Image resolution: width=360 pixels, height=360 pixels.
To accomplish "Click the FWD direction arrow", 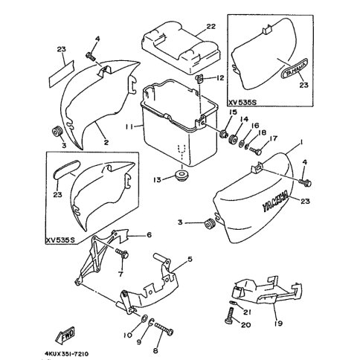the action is pyautogui.click(x=65, y=335).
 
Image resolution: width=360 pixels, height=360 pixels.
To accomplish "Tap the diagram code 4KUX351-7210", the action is pyautogui.click(x=67, y=354).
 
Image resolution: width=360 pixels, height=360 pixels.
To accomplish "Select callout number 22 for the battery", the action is pyautogui.click(x=210, y=26).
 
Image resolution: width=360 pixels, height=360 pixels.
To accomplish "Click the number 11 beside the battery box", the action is pyautogui.click(x=129, y=126).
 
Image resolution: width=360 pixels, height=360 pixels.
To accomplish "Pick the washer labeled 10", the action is pyautogui.click(x=144, y=318).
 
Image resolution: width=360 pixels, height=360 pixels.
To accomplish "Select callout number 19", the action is pyautogui.click(x=279, y=324).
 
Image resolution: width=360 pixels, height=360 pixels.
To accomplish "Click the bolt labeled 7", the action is pyautogui.click(x=122, y=254).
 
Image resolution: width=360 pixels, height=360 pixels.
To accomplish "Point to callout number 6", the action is pyautogui.click(x=149, y=234).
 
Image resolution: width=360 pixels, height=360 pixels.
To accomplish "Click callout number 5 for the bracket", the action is pyautogui.click(x=190, y=260).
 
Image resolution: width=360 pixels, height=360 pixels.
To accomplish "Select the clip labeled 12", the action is pyautogui.click(x=199, y=79).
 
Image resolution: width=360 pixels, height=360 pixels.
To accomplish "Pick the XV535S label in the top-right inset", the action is pyautogui.click(x=242, y=103).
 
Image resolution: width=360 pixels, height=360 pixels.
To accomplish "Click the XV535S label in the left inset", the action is pyautogui.click(x=60, y=241).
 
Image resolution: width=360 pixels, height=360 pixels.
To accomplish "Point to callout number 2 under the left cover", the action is pyautogui.click(x=106, y=142).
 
